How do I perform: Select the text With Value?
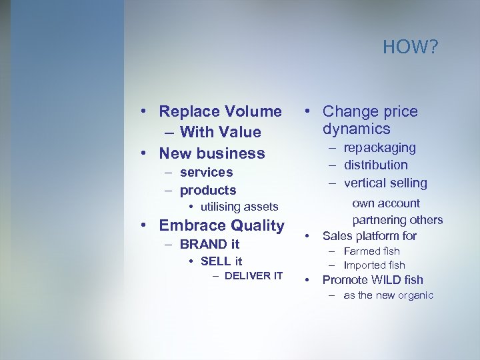220,132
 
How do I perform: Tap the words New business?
212,153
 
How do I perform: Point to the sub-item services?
206,172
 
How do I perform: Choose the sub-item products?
208,190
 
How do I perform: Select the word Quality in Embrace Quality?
252,225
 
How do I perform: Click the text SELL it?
221,261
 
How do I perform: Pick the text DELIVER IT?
253,276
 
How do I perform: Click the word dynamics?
357,129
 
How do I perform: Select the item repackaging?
379,147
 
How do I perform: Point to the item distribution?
375,165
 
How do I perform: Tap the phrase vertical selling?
385,183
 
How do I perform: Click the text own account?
386,203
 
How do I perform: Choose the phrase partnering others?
397,220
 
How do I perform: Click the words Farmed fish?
371,251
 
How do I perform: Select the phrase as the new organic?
388,295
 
